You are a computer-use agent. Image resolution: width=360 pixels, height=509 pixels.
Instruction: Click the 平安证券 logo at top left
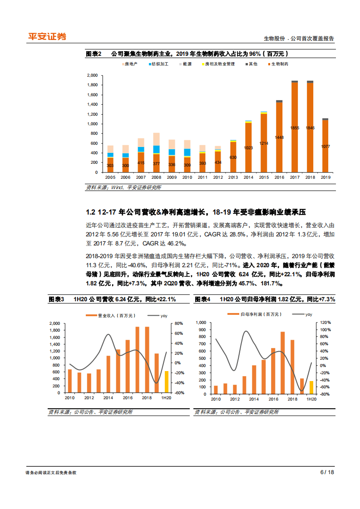click(x=47, y=36)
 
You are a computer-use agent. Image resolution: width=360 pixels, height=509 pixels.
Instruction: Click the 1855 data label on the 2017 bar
click(x=295, y=128)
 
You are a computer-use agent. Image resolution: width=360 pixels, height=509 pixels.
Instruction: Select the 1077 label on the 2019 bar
click(x=325, y=147)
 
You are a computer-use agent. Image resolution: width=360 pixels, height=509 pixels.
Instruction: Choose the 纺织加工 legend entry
click(x=158, y=64)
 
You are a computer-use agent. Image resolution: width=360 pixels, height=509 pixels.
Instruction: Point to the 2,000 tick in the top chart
click(x=92, y=75)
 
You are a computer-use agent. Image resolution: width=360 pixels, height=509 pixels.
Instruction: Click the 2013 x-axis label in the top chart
click(x=233, y=177)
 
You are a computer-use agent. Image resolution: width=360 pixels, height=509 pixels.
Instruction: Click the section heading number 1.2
click(x=90, y=212)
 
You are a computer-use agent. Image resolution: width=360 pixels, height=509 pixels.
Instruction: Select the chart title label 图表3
click(x=57, y=299)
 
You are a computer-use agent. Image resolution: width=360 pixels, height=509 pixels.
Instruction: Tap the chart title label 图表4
click(x=203, y=299)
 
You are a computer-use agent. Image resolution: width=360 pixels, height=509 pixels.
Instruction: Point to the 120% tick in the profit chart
click(x=325, y=322)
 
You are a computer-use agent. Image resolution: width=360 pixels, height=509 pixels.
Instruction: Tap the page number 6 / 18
click(x=327, y=472)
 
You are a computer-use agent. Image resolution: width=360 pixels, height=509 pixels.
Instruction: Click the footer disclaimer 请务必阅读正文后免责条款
click(x=51, y=473)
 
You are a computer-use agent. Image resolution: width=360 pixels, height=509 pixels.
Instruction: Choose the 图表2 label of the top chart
click(x=93, y=54)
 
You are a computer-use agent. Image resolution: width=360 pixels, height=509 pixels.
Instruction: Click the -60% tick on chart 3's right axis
click(x=179, y=393)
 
